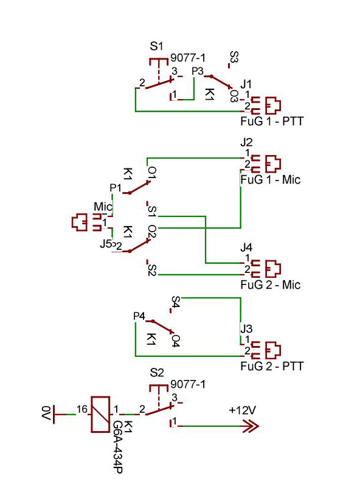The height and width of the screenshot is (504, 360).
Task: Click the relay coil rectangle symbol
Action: [100, 414]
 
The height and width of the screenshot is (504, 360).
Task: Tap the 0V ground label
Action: [46, 413]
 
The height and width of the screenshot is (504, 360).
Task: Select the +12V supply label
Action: [243, 410]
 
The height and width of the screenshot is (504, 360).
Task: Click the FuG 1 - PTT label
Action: [272, 121]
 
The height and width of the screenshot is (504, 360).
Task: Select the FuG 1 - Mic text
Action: [271, 179]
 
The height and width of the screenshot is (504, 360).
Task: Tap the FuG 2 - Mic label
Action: [271, 285]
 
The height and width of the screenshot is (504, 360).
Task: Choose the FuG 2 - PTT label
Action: [272, 366]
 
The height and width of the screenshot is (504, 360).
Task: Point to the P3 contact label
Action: [198, 71]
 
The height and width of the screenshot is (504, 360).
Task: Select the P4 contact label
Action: [139, 316]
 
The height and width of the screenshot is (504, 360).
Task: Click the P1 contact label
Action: [116, 188]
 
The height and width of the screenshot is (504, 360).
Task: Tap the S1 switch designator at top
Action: [156, 46]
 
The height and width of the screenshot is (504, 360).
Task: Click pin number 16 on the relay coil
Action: [82, 409]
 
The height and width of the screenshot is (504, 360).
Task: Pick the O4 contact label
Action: [176, 341]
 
